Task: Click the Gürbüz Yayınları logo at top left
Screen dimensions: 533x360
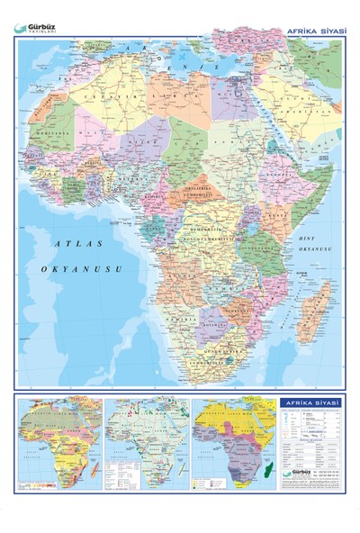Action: click(x=38, y=28)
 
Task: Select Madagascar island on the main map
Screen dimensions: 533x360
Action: click(x=314, y=306)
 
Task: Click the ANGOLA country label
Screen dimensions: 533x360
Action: click(x=180, y=269)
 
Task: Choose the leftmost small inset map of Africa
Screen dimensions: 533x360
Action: click(x=58, y=440)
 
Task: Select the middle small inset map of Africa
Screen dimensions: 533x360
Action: click(x=146, y=440)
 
